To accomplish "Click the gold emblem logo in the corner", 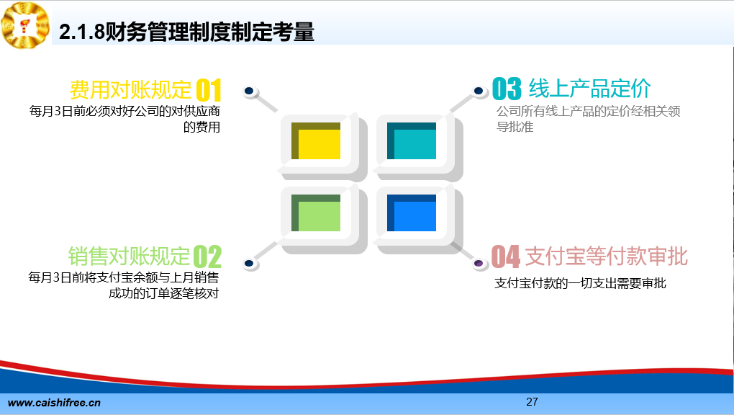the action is [26, 24].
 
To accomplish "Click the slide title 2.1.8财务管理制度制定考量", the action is [187, 32].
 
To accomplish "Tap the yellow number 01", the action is [208, 90].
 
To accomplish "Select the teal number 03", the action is [507, 89].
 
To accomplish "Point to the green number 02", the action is [207, 256].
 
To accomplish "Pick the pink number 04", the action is [506, 256].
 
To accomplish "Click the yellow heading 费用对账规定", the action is [130, 89].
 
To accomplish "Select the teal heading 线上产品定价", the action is [590, 88].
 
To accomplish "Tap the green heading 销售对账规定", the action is [130, 256].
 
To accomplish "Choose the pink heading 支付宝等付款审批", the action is [606, 256].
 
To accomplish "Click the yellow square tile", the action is [316, 140].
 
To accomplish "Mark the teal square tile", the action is [412, 140].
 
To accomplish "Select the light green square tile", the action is [316, 213].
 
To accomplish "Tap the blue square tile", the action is [412, 213].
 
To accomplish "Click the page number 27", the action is [532, 402].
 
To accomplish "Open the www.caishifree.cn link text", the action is [54, 403].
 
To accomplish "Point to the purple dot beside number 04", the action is [479, 264].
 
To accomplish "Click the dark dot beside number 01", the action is [249, 91].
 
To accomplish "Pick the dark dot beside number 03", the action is [479, 91].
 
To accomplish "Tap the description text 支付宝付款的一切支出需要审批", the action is [580, 283].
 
